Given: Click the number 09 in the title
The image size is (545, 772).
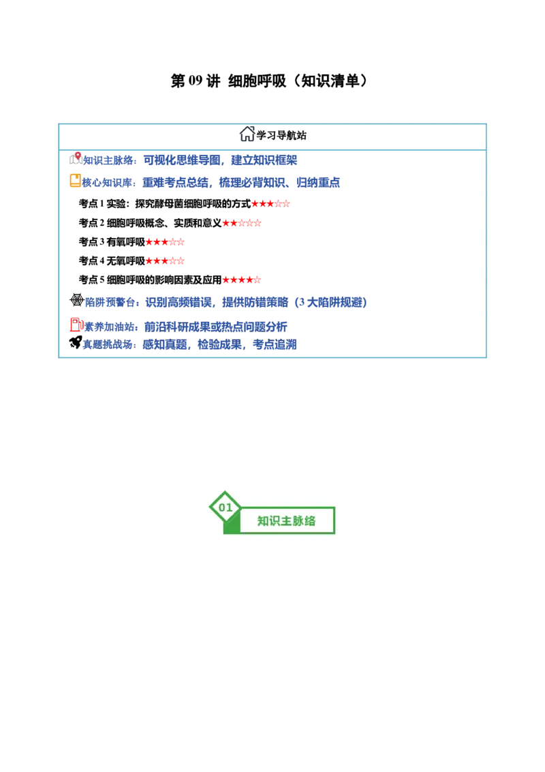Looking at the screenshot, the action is click(196, 80).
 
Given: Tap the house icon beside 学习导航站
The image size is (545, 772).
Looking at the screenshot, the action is click(247, 134).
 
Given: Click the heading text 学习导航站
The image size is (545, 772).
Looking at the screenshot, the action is click(281, 135).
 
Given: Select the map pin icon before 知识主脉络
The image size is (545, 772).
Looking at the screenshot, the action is click(76, 158).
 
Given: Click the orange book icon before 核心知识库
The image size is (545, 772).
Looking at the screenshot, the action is click(75, 181).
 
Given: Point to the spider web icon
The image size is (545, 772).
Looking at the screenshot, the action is click(77, 299).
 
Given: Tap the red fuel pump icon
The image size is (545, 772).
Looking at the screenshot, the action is click(77, 325).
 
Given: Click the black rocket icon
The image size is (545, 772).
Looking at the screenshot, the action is click(76, 342).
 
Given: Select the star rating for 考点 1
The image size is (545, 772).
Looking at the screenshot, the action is click(270, 204).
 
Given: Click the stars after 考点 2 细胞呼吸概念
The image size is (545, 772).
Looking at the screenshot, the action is click(242, 223).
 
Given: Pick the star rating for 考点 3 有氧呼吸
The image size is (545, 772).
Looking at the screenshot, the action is click(165, 241).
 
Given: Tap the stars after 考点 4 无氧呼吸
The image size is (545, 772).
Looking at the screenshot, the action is click(165, 261).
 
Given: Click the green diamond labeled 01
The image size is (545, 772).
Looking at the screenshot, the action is click(225, 507).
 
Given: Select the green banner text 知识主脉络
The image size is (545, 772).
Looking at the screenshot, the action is click(286, 521).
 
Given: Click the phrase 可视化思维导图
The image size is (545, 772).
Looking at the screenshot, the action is click(182, 160).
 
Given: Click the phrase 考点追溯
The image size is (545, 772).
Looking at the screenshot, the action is click(275, 344).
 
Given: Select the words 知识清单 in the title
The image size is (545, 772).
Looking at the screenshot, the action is click(330, 80).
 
